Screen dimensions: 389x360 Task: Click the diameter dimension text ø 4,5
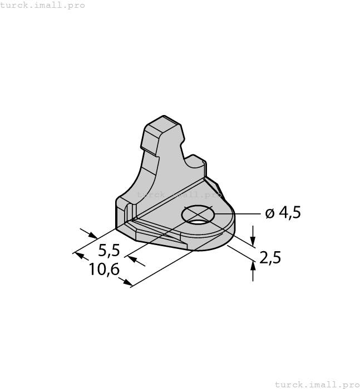283,213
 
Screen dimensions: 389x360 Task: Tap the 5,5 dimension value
109,250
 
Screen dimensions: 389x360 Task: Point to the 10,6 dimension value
104,270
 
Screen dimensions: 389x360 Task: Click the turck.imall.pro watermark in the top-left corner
43,6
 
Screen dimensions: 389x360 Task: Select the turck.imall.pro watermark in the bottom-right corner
317,384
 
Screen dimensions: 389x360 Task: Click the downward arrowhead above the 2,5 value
253,242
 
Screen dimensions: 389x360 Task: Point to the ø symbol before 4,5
269,213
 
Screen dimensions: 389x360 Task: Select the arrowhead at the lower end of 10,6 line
128,283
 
